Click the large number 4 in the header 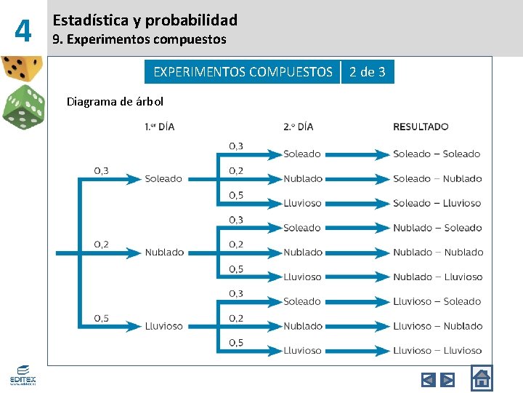click(23, 31)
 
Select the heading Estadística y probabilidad click(145, 20)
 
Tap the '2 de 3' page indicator click(368, 71)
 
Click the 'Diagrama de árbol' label click(115, 101)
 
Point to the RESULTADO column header click(421, 127)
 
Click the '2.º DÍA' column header click(299, 127)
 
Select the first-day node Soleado click(163, 178)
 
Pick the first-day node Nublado click(164, 253)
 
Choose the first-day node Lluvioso click(163, 326)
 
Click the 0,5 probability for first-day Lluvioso click(101, 318)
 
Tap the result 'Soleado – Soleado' click(437, 154)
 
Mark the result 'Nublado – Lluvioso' click(437, 277)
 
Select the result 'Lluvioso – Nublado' click(437, 326)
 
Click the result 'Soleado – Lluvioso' click(437, 203)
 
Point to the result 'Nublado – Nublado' click(438, 253)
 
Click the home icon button click(481, 378)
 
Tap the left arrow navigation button click(429, 379)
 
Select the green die click(23, 108)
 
